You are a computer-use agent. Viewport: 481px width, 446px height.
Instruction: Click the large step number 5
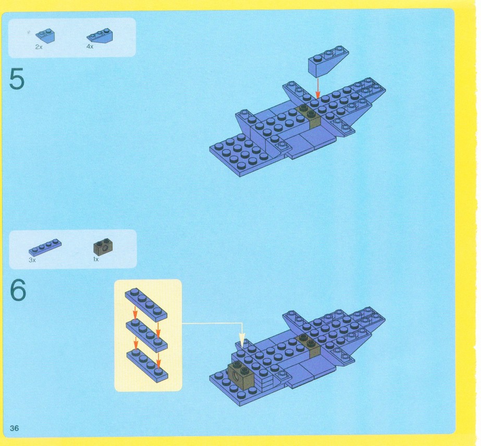point(17,79)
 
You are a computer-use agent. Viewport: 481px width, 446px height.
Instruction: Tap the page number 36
point(15,428)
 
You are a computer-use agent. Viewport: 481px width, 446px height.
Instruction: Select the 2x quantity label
point(39,47)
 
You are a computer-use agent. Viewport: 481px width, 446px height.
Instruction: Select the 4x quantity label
point(90,46)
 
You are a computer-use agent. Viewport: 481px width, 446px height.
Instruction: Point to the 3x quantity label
point(32,260)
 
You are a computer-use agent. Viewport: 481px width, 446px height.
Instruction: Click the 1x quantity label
point(96,259)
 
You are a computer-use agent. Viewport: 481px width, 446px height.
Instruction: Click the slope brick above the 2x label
point(45,35)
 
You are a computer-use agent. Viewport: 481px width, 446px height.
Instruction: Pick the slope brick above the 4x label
point(100,35)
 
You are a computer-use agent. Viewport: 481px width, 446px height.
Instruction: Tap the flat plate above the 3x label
point(45,247)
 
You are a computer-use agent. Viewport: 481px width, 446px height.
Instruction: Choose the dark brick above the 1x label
point(103,246)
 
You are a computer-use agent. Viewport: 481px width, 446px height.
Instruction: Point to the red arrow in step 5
point(318,88)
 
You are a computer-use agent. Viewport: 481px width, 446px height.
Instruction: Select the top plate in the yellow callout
point(146,304)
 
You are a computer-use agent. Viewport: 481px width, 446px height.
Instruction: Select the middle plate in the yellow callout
point(146,335)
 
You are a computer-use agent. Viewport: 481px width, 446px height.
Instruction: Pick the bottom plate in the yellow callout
point(147,366)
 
